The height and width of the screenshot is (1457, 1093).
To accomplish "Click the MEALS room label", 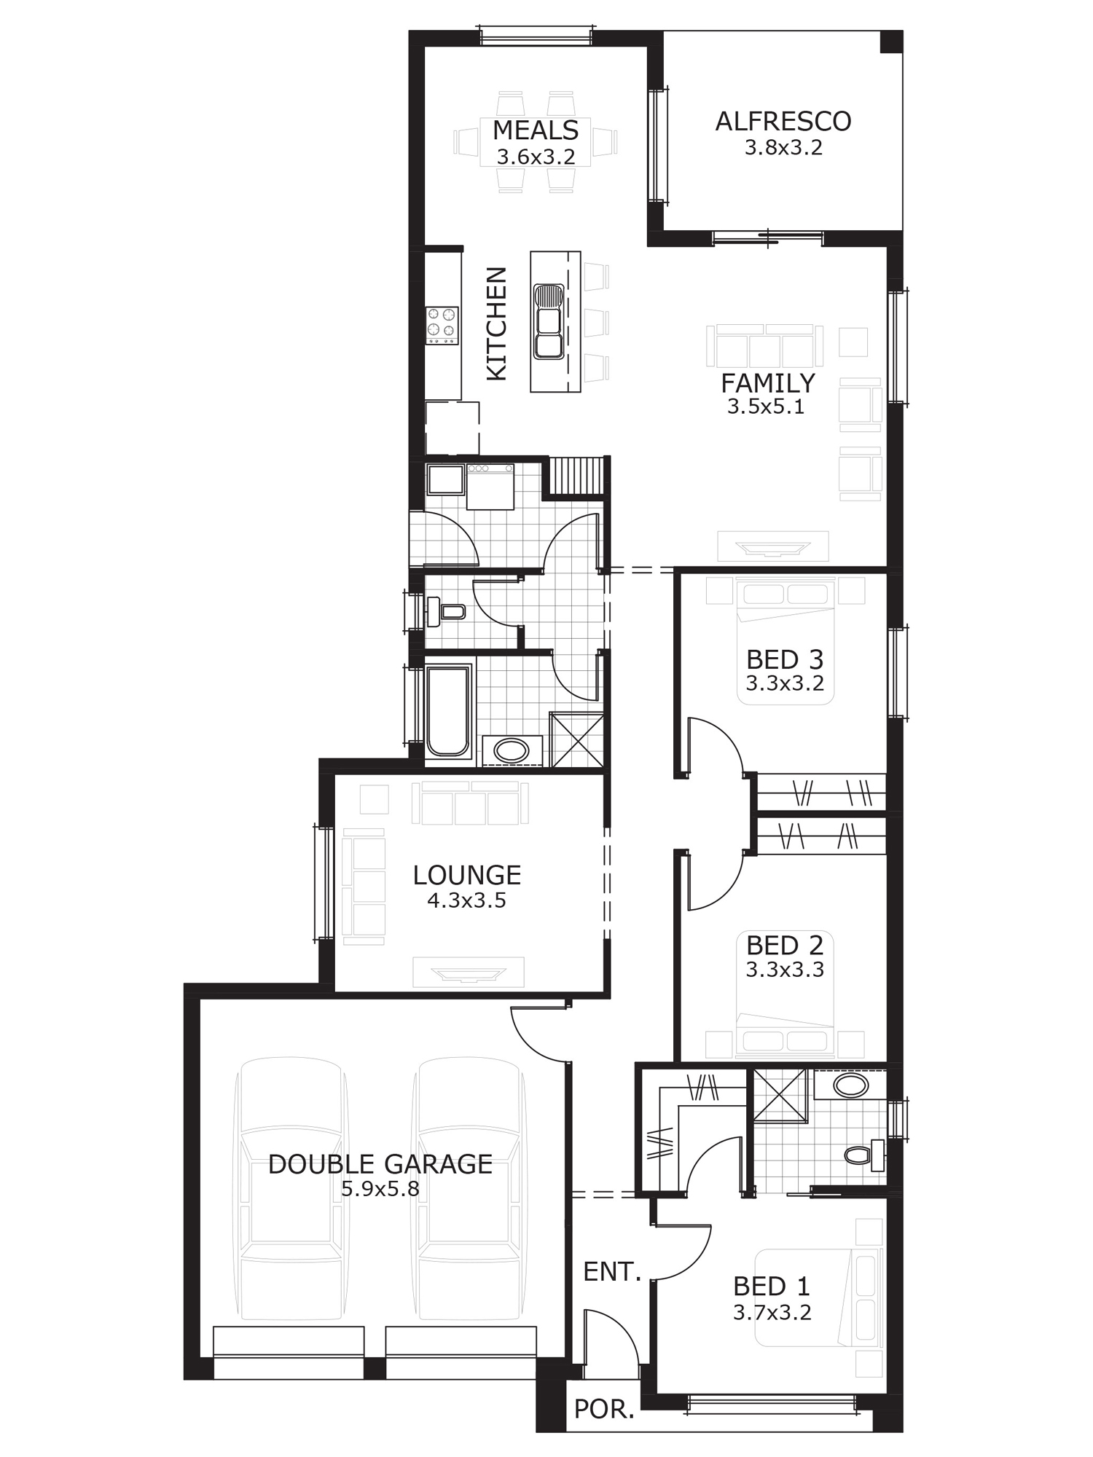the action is pyautogui.click(x=536, y=130).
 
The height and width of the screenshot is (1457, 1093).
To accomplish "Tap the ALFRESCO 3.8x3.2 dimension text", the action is pyautogui.click(x=783, y=148).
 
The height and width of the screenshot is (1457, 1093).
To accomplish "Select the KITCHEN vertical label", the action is pyautogui.click(x=496, y=323).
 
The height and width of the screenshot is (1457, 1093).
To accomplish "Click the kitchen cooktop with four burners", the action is pyautogui.click(x=442, y=326).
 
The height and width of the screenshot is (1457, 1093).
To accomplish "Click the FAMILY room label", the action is pyautogui.click(x=768, y=383).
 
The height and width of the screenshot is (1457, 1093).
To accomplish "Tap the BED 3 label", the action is pyautogui.click(x=785, y=660).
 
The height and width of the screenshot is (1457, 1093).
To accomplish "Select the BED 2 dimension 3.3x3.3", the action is pyautogui.click(x=785, y=970).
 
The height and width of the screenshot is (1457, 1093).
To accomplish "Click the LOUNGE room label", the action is pyautogui.click(x=467, y=875).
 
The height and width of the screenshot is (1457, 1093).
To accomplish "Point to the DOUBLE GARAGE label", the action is pyautogui.click(x=380, y=1164).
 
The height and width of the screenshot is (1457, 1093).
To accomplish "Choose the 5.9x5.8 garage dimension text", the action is pyautogui.click(x=380, y=1189).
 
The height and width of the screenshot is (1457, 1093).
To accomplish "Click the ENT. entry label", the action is pyautogui.click(x=612, y=1272).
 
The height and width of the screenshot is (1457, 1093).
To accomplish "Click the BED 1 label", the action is pyautogui.click(x=772, y=1287).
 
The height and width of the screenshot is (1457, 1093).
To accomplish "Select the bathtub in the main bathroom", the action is pyautogui.click(x=448, y=710).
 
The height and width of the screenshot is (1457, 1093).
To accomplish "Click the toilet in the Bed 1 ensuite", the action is pyautogui.click(x=864, y=1155).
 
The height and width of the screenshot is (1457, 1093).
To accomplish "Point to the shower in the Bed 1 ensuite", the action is pyautogui.click(x=780, y=1096).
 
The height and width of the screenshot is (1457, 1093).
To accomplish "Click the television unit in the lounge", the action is pyautogui.click(x=469, y=973).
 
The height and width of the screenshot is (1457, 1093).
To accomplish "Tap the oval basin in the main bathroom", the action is pyautogui.click(x=512, y=750).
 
